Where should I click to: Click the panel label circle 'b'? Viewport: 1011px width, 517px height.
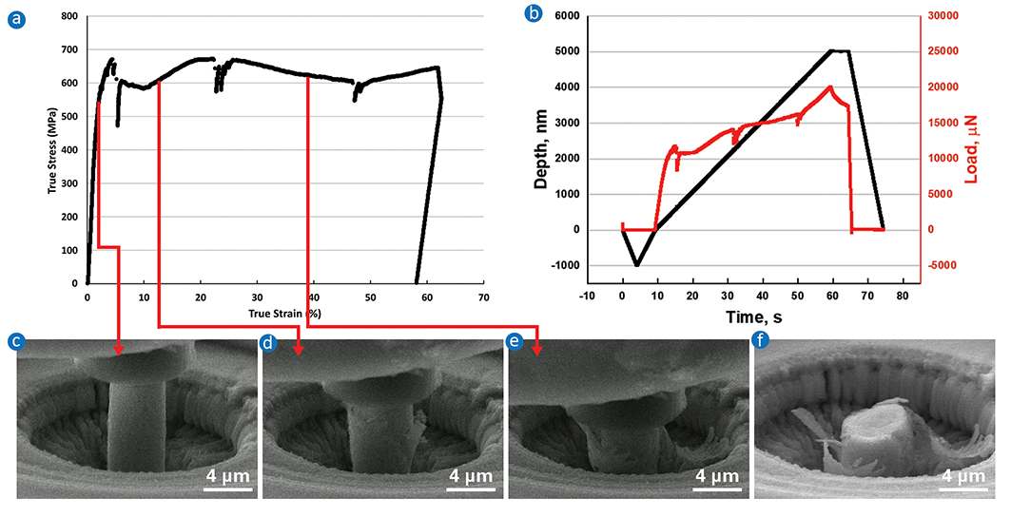tap(534, 14)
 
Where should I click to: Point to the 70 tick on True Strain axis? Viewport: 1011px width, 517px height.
tap(483, 297)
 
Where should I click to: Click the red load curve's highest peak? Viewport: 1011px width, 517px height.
tap(830, 86)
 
